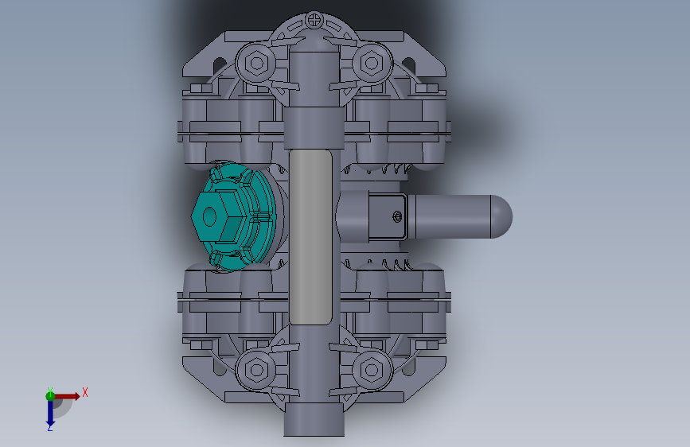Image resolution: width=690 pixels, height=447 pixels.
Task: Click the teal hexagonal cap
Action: pos(233,216)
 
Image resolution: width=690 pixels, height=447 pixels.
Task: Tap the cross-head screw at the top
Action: pos(314,20)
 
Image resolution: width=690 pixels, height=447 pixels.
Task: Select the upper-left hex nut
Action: pos(256,63)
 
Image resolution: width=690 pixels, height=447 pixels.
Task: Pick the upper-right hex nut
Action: pos(372,63)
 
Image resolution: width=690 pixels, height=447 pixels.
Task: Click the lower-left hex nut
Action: pos(256,370)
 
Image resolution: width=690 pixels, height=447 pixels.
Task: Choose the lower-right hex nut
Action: pos(372,370)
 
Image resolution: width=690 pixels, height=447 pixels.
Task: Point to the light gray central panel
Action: pos(310,237)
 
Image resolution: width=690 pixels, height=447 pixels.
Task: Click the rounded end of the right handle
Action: pos(502,217)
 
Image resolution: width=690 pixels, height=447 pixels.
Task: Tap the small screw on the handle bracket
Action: pos(397,216)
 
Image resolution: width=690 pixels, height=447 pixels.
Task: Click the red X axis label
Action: pos(85,392)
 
